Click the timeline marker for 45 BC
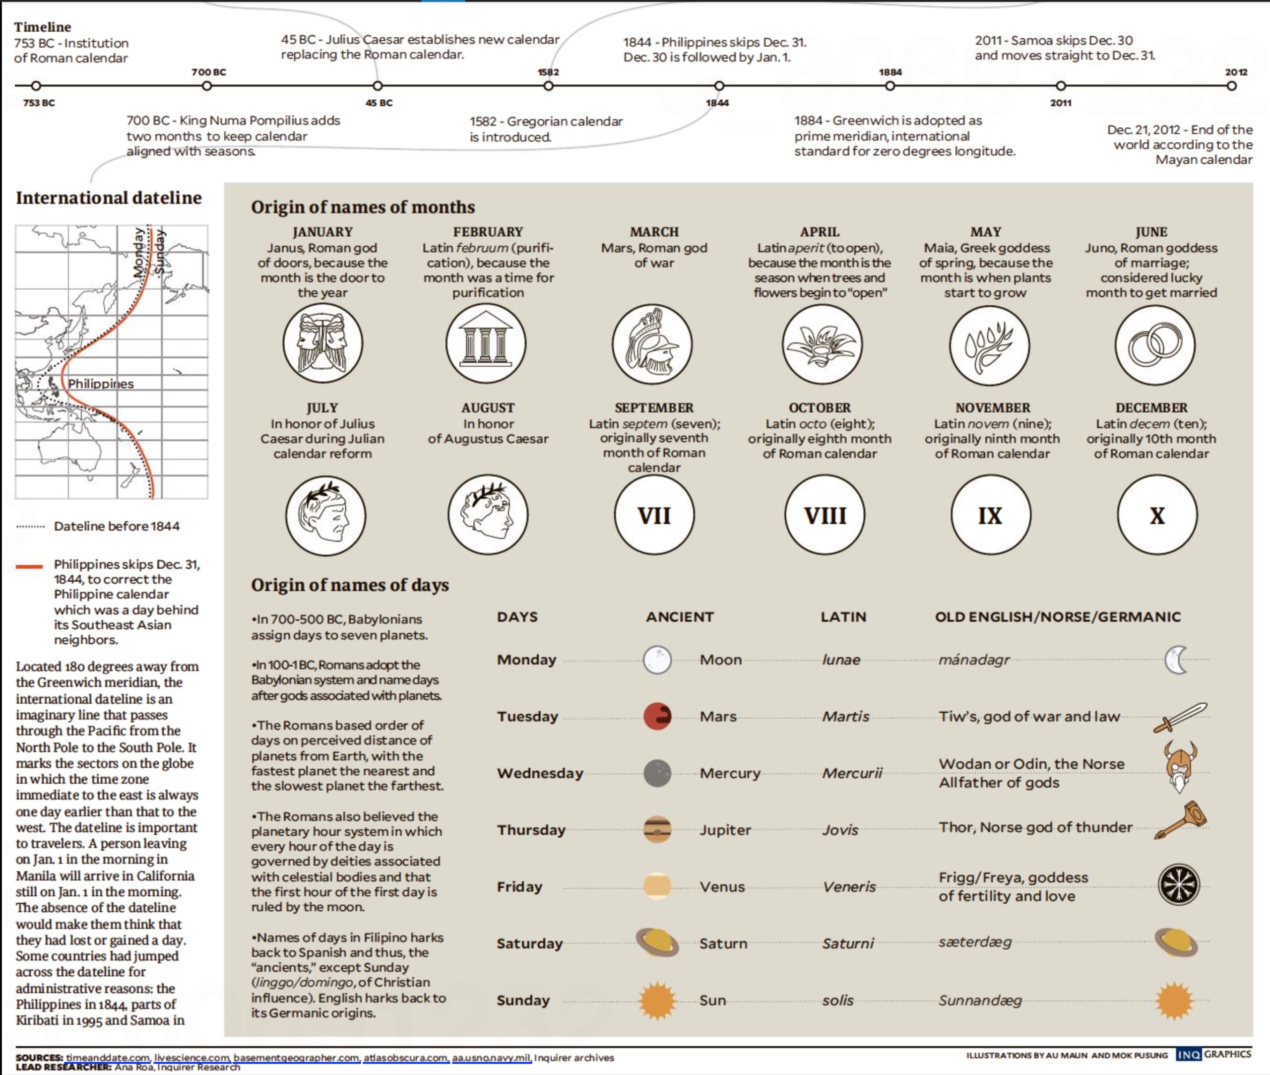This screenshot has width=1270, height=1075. (378, 86)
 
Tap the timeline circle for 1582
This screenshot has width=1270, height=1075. (548, 86)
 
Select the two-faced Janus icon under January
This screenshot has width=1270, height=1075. (323, 343)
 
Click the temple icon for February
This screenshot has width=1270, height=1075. (486, 343)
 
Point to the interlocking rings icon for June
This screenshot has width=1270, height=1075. (1154, 345)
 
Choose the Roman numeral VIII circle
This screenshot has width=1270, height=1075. (825, 516)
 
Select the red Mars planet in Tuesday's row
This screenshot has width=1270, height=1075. (657, 716)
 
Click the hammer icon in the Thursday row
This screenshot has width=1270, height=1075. (1181, 820)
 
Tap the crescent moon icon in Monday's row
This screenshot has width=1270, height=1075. (1176, 660)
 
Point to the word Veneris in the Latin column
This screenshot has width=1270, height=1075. (849, 887)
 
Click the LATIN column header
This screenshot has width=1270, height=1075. (843, 617)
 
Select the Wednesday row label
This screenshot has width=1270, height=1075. (540, 773)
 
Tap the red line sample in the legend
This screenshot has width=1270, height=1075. (29, 567)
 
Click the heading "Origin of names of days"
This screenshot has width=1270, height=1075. (350, 585)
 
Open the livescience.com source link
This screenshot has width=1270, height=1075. (192, 1057)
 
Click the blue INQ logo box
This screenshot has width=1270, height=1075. (1188, 1055)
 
